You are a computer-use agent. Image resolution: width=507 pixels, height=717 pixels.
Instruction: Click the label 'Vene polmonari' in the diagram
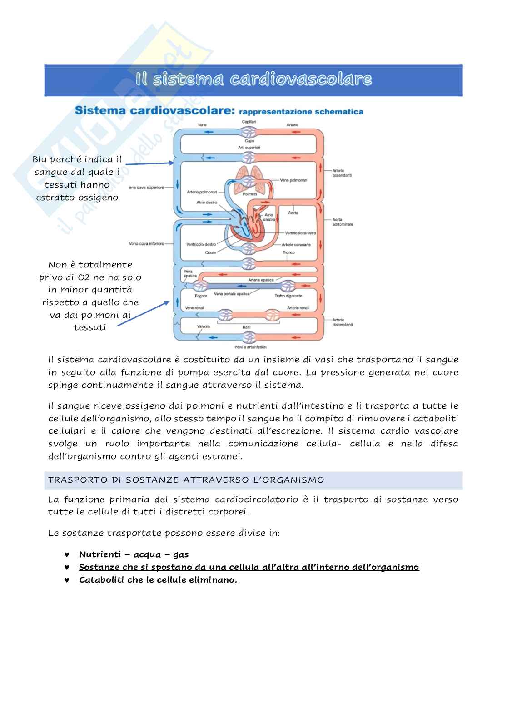[293, 180]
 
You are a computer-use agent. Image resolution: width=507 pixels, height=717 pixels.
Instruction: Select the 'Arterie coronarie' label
[296, 244]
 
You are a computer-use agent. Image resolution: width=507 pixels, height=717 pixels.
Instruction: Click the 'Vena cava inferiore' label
[146, 244]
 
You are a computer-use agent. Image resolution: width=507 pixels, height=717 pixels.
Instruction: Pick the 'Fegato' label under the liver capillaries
[201, 296]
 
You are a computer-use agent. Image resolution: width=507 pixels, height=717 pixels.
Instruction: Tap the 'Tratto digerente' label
[285, 296]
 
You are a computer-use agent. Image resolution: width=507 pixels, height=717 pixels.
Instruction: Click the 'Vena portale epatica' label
[232, 294]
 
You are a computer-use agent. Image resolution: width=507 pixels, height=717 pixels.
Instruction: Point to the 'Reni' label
[247, 327]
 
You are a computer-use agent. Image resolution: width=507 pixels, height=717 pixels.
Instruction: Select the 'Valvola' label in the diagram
[203, 326]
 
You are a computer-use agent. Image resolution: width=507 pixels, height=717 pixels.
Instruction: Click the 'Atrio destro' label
[207, 203]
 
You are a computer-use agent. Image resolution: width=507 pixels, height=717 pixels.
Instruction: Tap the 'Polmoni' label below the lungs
[249, 194]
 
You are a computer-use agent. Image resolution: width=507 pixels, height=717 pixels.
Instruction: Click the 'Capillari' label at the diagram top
[249, 122]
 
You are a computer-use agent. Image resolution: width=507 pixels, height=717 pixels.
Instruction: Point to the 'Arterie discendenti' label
[343, 322]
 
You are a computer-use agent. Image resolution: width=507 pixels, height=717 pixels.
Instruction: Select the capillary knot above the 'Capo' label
[249, 132]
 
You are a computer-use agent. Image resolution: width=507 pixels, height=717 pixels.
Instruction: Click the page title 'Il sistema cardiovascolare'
[253, 79]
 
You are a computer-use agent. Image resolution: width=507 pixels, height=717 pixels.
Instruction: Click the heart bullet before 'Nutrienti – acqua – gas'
[67, 554]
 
